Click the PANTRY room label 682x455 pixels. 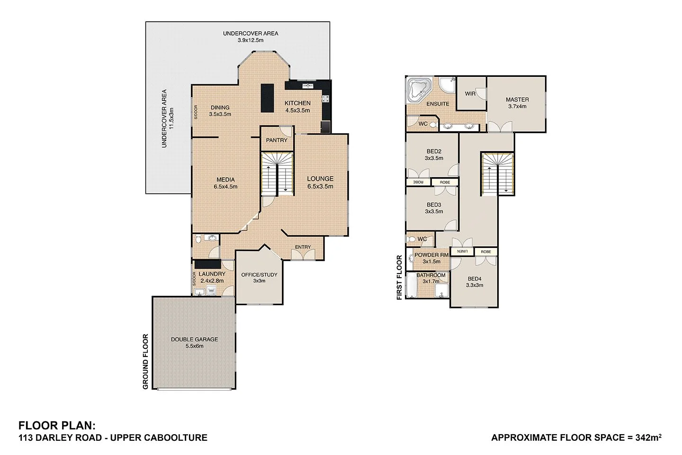coord(277,140)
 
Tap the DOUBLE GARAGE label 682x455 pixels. coord(194,339)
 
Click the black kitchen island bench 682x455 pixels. coord(267,98)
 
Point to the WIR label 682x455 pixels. coord(470,94)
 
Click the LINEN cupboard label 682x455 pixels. coord(462,252)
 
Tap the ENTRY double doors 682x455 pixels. coord(303,255)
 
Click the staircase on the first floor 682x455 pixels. coord(497,173)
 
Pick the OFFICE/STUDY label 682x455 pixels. coord(259,275)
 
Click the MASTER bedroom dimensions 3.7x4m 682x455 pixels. coord(517,107)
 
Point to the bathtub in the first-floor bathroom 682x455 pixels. coord(411,285)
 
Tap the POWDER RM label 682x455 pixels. coord(431,255)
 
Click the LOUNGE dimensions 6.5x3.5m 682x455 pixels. coord(320,186)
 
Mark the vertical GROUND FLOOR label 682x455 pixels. coord(146,362)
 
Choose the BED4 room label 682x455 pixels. coord(475,279)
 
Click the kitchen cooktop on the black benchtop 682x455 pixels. coord(326,99)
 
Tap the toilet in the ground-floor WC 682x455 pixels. coord(198,239)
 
